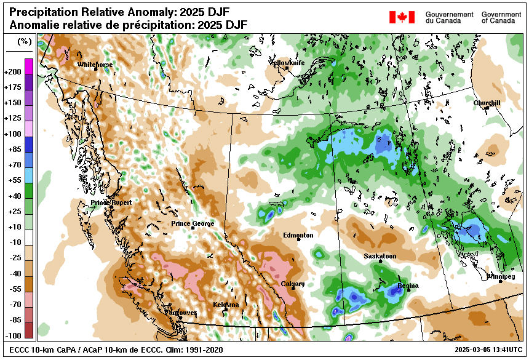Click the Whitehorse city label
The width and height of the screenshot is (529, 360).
(95, 64)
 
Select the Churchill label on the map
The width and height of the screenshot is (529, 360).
(487, 103)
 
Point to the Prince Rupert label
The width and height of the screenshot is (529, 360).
(111, 202)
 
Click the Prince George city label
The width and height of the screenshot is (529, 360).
(193, 223)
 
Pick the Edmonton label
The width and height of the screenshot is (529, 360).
(298, 235)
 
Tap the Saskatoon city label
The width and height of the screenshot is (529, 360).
(380, 256)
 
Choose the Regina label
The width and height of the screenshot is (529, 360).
(408, 286)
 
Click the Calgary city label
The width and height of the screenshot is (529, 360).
(293, 284)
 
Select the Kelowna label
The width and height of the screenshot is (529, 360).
(226, 305)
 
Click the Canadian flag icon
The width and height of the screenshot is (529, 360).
(402, 17)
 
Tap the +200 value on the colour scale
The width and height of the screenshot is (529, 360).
(12, 72)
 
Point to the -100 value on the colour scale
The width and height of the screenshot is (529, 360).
(12, 336)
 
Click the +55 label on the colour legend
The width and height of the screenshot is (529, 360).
(12, 180)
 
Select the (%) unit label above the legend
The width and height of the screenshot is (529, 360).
(24, 42)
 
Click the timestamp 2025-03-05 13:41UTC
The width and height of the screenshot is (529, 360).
(488, 350)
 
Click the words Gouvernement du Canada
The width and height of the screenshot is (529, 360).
(449, 17)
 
